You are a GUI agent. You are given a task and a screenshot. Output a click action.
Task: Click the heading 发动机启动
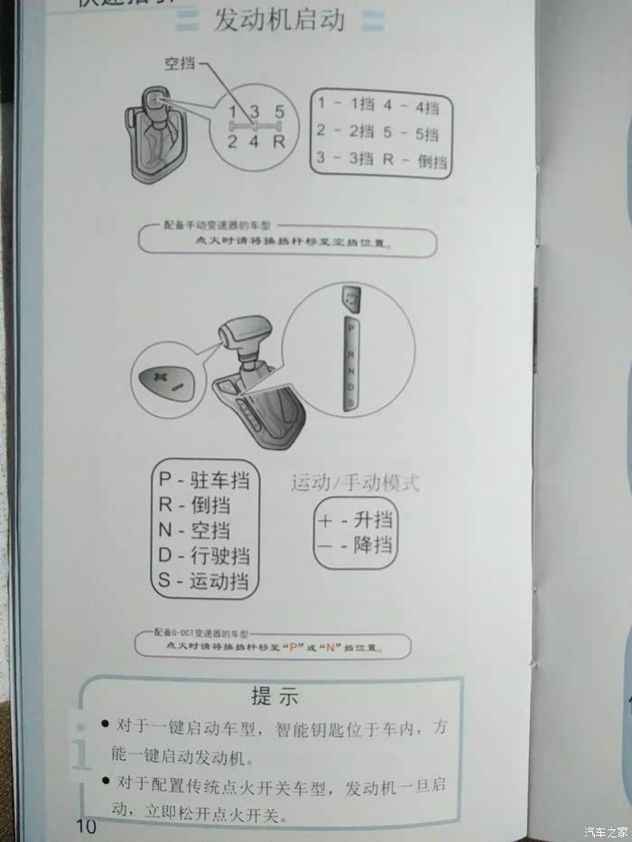pos(279,20)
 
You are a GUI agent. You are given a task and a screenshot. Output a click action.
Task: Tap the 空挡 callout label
pos(179,64)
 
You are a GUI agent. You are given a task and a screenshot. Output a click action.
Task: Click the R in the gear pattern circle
pos(279,141)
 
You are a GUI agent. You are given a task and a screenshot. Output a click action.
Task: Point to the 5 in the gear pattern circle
pos(280,113)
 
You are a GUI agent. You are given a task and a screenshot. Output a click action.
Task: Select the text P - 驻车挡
pos(204,478)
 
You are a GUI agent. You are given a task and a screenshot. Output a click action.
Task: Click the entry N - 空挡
pos(194,530)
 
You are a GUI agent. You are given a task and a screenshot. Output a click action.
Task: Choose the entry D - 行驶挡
pos(204,555)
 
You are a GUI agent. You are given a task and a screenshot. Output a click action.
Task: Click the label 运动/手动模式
pos(355,483)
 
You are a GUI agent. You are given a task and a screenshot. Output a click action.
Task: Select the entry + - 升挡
pos(356,521)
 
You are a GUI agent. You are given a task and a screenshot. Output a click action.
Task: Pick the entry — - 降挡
pos(356,546)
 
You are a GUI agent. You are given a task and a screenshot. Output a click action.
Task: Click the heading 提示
pos(274,696)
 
